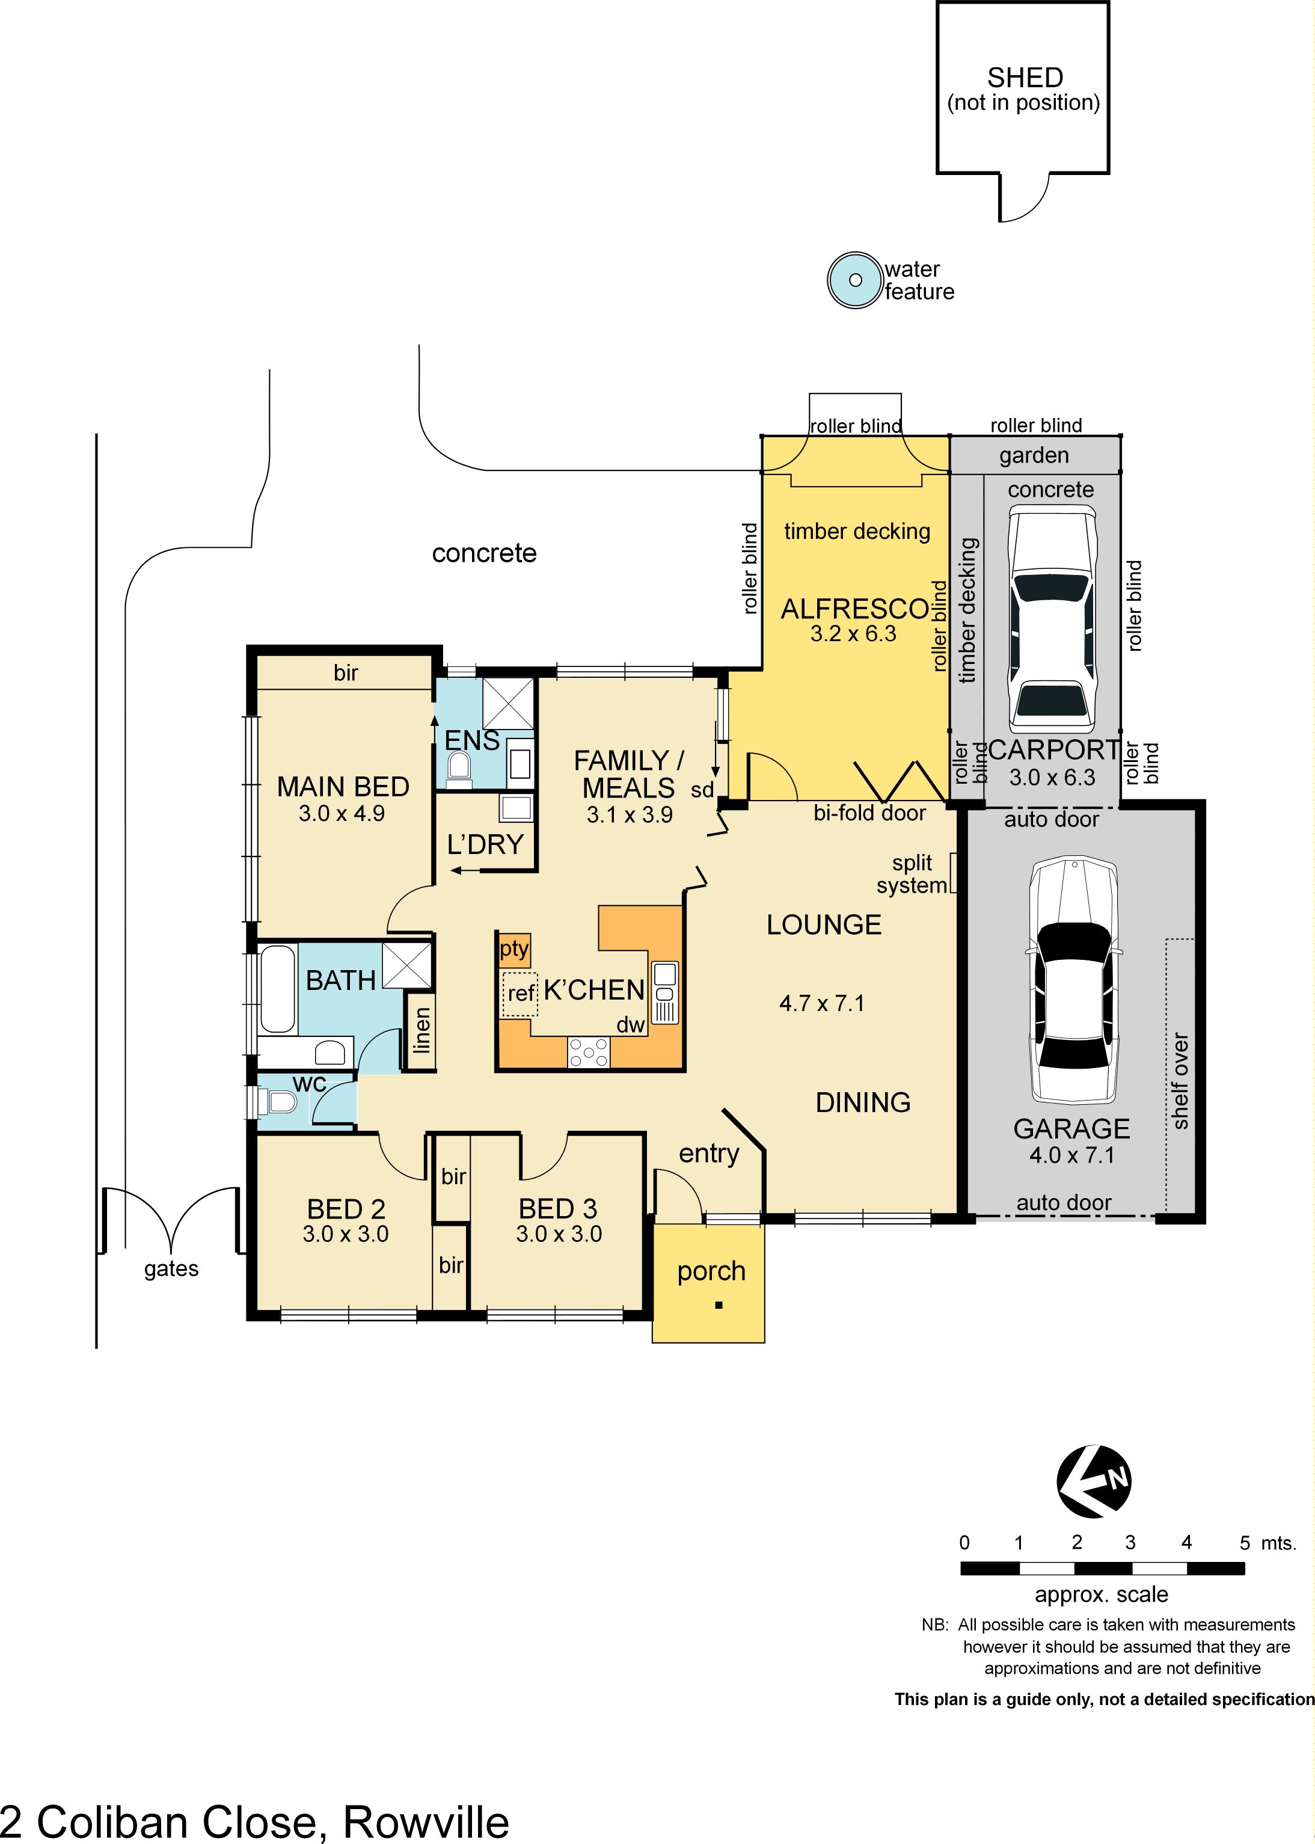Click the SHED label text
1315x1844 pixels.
[x=1025, y=78]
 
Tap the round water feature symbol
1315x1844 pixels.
[x=855, y=280]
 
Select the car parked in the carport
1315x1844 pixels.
[x=1052, y=619]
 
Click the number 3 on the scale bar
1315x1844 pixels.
[x=1130, y=1543]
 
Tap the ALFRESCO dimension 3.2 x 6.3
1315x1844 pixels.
[x=853, y=634]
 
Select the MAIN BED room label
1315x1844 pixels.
[x=343, y=786]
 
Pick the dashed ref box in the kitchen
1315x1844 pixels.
[x=520, y=994]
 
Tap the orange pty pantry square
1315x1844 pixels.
[x=513, y=949]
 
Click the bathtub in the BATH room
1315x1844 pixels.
[x=277, y=989]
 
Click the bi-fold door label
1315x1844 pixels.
[x=869, y=813]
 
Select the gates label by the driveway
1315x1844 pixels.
[x=171, y=1268]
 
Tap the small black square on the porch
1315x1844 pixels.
[x=719, y=1305]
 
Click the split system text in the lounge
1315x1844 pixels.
[x=912, y=874]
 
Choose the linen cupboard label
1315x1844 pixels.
[x=421, y=1030]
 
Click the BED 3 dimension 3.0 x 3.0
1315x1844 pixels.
[x=559, y=1234]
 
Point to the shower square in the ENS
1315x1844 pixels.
[x=507, y=704]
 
